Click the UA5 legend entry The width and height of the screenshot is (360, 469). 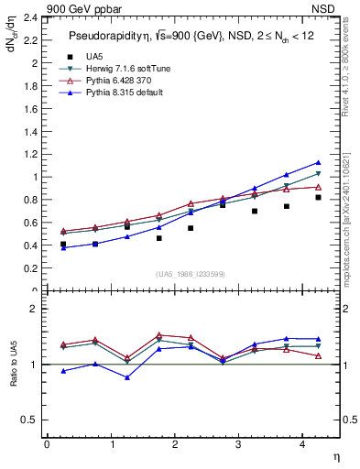pos(94,57)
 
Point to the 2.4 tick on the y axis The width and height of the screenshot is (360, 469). pos(29,17)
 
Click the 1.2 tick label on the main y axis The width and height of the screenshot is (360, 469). pos(29,154)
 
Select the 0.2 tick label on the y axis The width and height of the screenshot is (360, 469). pos(29,268)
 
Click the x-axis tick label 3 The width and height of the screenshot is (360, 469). pos(238,444)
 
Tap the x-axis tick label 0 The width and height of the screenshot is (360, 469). pos(47,444)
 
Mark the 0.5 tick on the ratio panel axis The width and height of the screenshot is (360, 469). pos(29,420)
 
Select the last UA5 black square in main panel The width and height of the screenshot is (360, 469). pos(318,197)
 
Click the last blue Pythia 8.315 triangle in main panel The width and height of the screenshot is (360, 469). pos(318,162)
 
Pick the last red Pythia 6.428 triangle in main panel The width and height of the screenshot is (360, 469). pos(318,187)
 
